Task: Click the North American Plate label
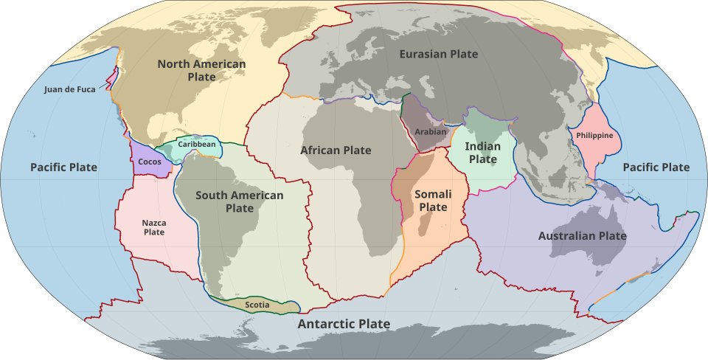coord(201,70)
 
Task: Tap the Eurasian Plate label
coord(438,54)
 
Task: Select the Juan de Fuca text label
coord(69,89)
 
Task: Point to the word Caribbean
coord(197,144)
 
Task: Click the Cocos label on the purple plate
coord(150,162)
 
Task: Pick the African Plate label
coord(336,150)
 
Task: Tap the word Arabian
coord(431,132)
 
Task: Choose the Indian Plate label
coord(483,153)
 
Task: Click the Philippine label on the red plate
coord(594,135)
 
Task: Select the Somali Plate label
coord(433,201)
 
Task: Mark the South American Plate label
coord(239,201)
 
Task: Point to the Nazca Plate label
coord(154,227)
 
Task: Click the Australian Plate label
coord(582,236)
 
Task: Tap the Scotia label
coord(257,305)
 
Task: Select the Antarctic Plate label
coord(344,324)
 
